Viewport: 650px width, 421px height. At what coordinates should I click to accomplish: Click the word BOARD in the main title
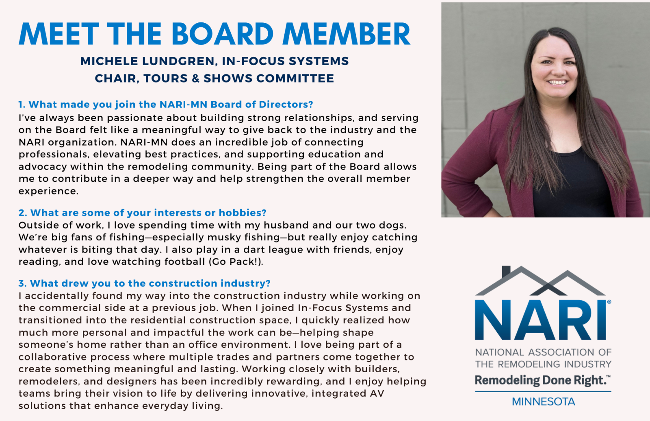[223, 34]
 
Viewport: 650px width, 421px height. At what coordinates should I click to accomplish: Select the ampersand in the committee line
[195, 79]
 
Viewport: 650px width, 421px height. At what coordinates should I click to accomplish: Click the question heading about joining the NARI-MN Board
[166, 105]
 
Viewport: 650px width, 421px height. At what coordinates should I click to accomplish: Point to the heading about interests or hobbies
[142, 213]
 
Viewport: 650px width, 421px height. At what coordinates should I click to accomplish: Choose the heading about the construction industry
[144, 284]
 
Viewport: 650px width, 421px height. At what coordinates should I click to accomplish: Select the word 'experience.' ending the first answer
[48, 191]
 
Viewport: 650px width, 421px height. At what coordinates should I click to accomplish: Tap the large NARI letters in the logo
[540, 321]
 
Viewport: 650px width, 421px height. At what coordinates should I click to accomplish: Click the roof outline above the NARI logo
[540, 281]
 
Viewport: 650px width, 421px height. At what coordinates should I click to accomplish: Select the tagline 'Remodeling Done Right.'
[542, 380]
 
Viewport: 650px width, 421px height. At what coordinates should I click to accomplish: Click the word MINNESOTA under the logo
[543, 402]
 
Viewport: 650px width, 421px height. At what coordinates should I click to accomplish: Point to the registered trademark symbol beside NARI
[609, 302]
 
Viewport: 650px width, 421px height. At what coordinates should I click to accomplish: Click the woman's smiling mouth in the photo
[557, 83]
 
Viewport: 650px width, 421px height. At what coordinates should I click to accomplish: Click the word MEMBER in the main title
[347, 34]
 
